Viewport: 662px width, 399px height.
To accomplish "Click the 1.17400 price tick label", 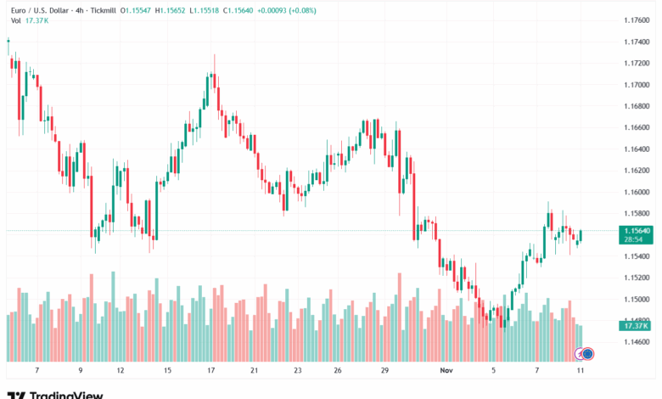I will [637, 42].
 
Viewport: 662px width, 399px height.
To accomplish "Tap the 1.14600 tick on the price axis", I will [637, 342].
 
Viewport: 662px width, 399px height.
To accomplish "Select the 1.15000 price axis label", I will [637, 299].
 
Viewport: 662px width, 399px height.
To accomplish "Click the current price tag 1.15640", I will [637, 230].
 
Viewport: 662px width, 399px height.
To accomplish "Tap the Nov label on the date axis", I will [447, 371].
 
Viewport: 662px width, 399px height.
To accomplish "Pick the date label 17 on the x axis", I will [210, 371].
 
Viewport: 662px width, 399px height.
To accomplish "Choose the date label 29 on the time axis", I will [384, 371].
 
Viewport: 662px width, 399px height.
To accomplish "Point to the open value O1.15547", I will [137, 11].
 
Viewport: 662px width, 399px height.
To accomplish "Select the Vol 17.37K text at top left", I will [28, 22].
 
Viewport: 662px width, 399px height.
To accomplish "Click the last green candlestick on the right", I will [581, 237].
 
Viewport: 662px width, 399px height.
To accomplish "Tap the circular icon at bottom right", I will [586, 353].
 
